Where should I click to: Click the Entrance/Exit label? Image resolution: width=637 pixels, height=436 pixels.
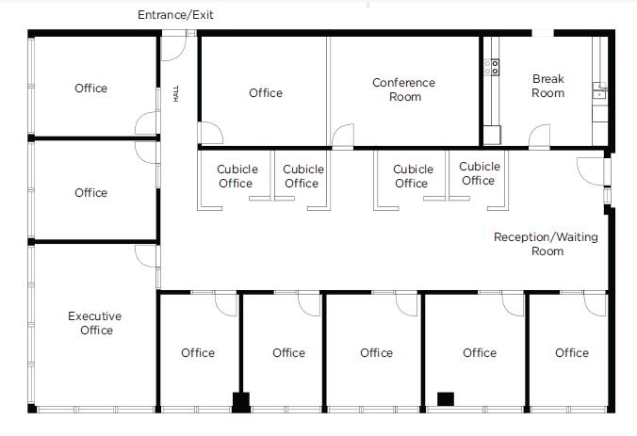pyautogui.click(x=182, y=15)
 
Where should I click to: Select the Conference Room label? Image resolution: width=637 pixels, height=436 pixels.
pyautogui.click(x=403, y=89)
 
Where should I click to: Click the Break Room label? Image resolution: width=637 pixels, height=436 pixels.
pyautogui.click(x=547, y=86)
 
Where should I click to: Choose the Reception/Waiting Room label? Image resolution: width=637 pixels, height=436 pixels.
pyautogui.click(x=547, y=244)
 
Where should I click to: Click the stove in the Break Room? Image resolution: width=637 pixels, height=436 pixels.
pyautogui.click(x=491, y=66)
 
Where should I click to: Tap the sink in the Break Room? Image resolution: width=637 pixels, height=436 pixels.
pyautogui.click(x=598, y=91)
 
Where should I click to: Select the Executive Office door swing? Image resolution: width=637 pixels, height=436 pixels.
pyautogui.click(x=147, y=255)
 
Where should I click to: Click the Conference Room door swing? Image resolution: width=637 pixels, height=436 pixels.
pyautogui.click(x=343, y=137)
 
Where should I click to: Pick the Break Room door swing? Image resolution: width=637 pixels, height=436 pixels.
pyautogui.click(x=539, y=137)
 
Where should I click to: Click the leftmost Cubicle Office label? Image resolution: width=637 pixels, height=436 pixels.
pyautogui.click(x=237, y=176)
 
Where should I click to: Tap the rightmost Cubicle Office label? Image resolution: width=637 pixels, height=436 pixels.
pyautogui.click(x=479, y=173)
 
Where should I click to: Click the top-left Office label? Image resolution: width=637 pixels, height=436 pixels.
pyautogui.click(x=91, y=89)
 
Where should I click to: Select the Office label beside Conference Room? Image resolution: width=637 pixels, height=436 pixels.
pyautogui.click(x=266, y=92)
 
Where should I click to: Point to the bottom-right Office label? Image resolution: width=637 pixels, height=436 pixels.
pyautogui.click(x=572, y=353)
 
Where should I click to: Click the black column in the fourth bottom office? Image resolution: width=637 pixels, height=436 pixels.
pyautogui.click(x=446, y=399)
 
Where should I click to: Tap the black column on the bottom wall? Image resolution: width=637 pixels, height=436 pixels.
pyautogui.click(x=241, y=402)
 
